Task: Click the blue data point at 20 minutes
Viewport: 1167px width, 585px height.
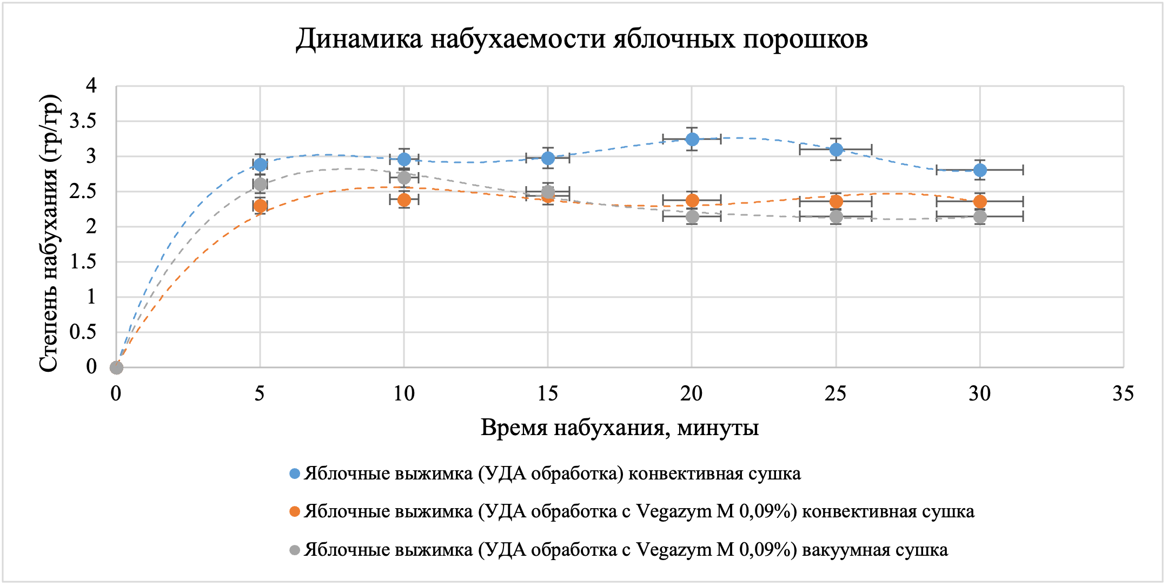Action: tap(692, 140)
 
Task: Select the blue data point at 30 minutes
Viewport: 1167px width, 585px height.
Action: tap(980, 170)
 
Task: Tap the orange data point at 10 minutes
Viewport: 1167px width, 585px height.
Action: tap(404, 200)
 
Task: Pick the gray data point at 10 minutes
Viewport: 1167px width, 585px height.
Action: tap(404, 178)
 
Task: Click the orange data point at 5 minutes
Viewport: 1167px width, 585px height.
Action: tap(260, 206)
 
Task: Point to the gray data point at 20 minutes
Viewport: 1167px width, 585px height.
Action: tap(692, 217)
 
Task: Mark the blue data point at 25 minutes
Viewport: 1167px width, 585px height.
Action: tap(836, 149)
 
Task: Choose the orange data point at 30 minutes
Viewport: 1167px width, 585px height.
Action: tap(980, 201)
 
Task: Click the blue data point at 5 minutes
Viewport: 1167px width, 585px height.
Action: tap(260, 165)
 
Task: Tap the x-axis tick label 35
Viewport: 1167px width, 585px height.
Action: tap(1123, 393)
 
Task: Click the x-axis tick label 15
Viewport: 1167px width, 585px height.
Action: tap(547, 393)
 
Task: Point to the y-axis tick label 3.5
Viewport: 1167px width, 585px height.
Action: tap(83, 121)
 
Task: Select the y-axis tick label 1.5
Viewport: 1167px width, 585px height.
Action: tap(83, 262)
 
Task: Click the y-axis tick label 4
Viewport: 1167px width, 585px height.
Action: tap(91, 86)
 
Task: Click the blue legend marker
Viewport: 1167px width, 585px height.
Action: tap(295, 474)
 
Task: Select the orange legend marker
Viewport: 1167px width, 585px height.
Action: tap(295, 511)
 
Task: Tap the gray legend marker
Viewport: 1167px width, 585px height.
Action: tap(295, 550)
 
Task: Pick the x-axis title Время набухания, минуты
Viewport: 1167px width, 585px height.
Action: tap(620, 428)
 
